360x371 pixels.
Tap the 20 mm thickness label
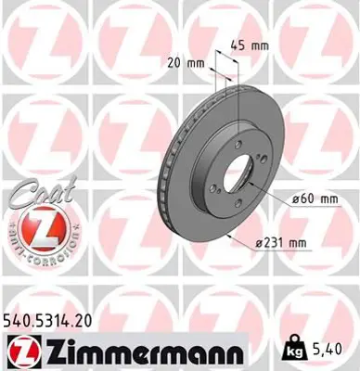(x=185, y=64)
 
